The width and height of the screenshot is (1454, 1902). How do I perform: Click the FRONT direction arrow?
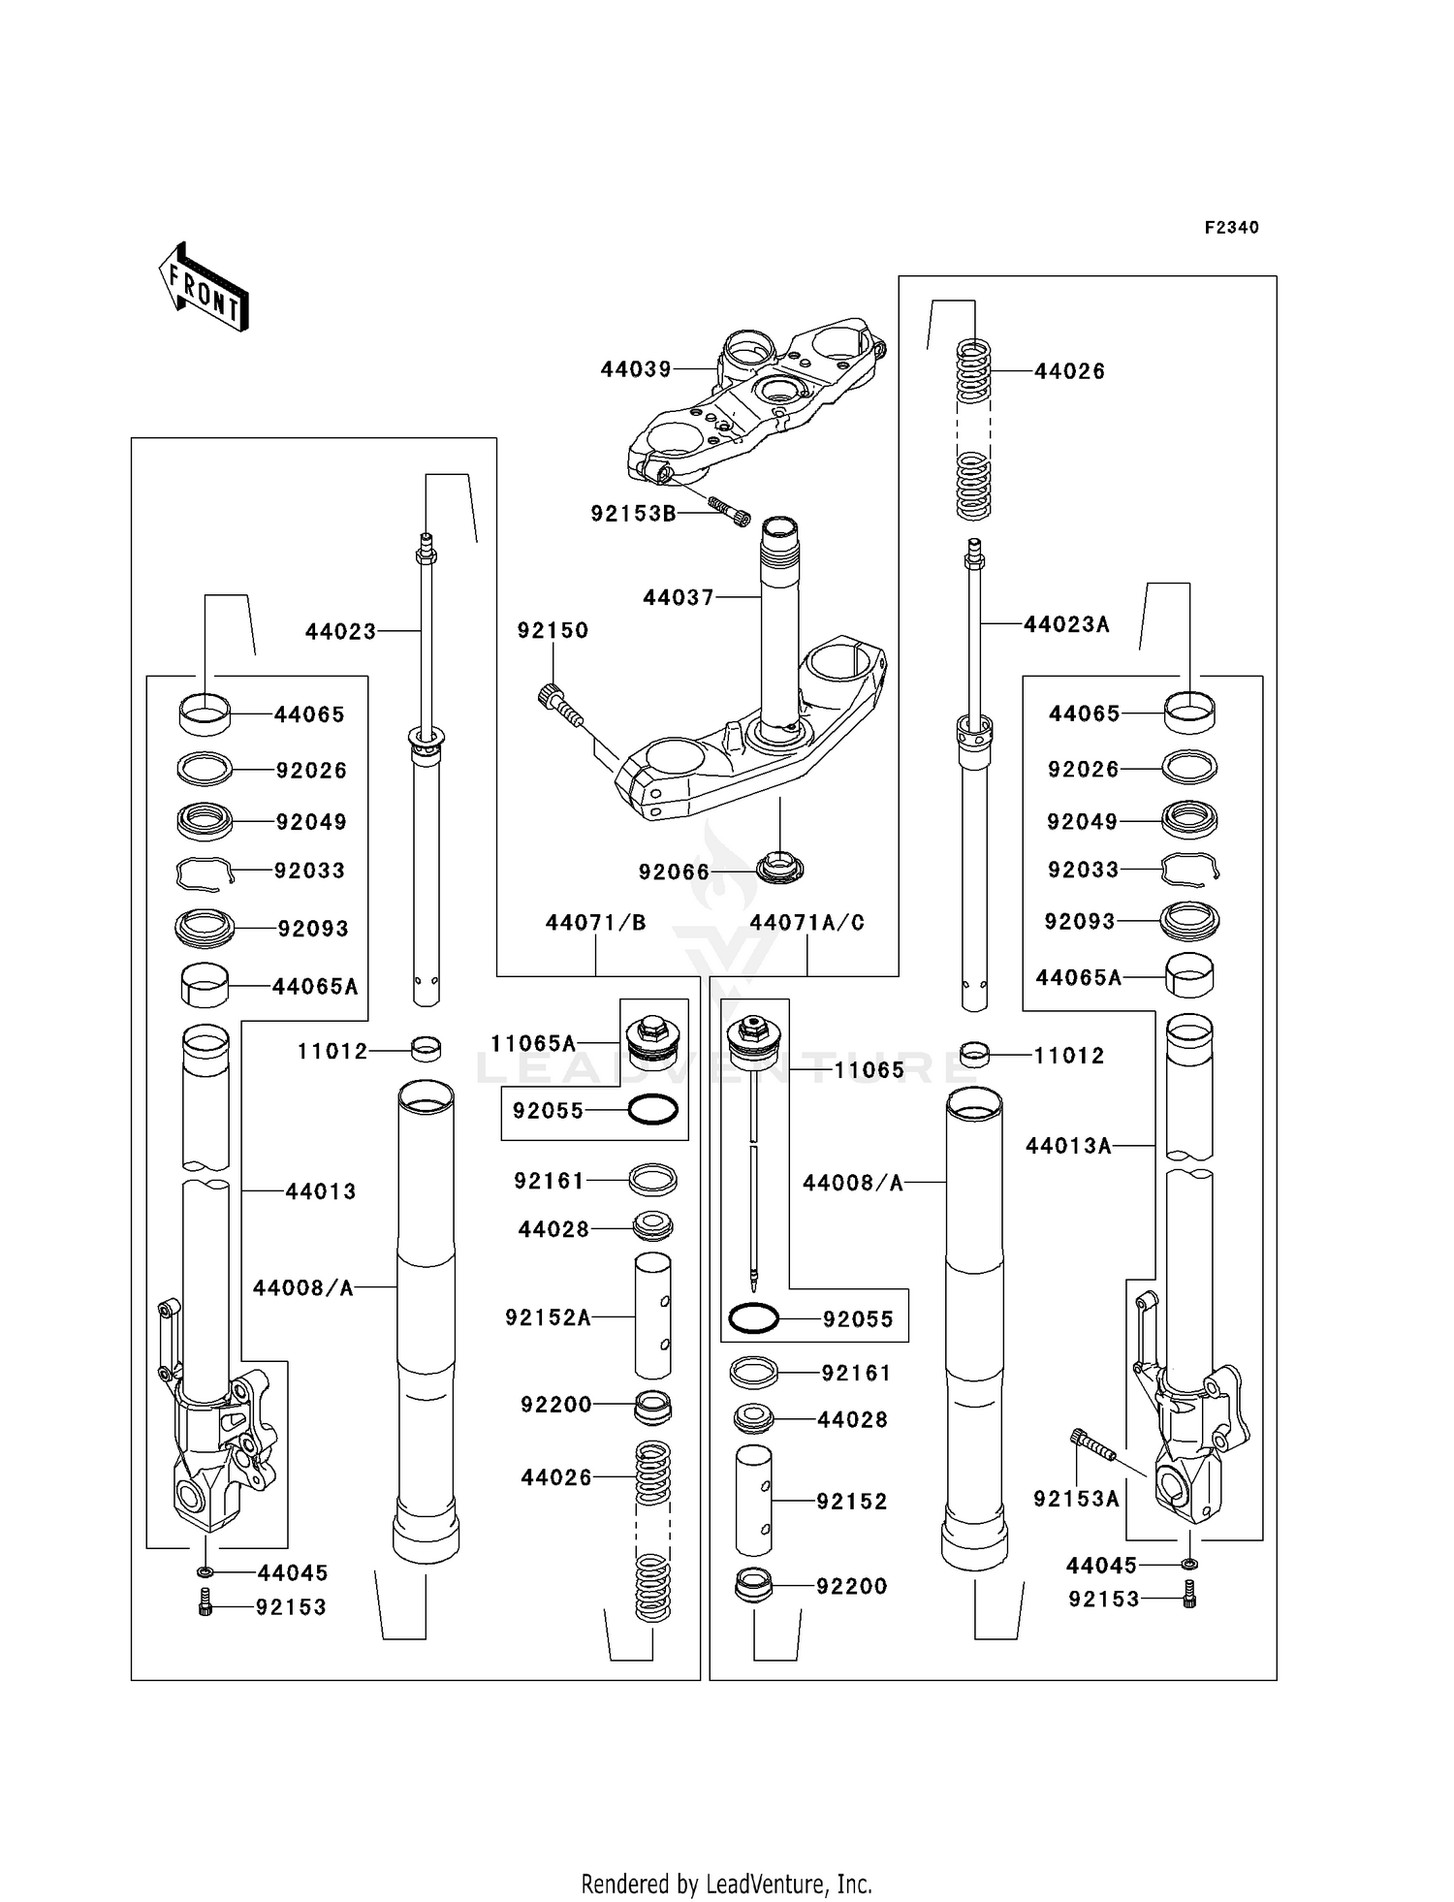tap(205, 288)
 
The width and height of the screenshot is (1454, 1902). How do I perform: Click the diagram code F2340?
tap(1231, 228)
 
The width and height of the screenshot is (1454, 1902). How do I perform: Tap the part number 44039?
tap(636, 369)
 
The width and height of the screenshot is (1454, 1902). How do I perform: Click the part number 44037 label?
tap(679, 598)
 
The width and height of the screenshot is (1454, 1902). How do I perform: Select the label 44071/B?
tap(595, 923)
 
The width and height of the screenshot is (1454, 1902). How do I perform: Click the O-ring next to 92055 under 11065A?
tap(652, 1110)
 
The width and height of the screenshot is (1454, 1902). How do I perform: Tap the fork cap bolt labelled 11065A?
tap(652, 1042)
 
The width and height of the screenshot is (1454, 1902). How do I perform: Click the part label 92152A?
tap(548, 1317)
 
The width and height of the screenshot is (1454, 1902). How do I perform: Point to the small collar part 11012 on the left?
tap(427, 1049)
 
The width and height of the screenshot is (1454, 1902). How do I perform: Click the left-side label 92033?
tap(310, 871)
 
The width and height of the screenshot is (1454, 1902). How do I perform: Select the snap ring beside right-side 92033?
tap(1189, 869)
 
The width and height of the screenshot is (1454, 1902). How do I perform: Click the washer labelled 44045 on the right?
tap(1190, 1565)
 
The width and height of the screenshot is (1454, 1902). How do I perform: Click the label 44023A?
tap(1066, 625)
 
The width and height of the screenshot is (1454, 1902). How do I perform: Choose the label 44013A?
tap(1068, 1146)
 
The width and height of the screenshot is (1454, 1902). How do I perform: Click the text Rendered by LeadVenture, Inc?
tap(726, 1884)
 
